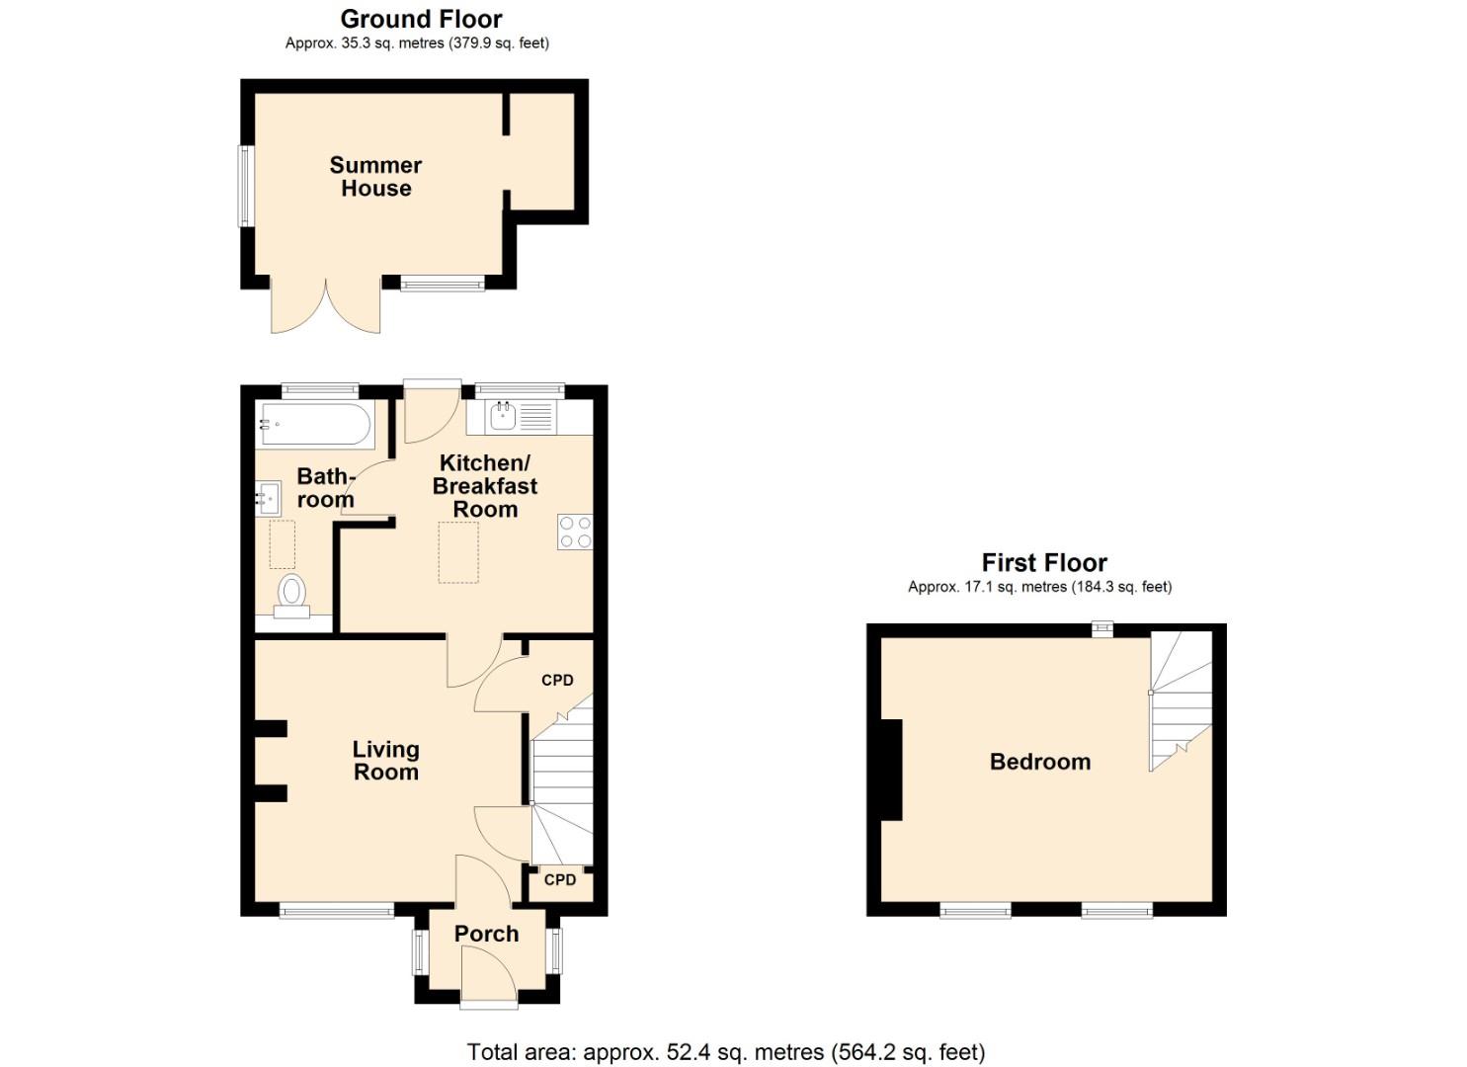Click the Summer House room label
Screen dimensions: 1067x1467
pos(375,177)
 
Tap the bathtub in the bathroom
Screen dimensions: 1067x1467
pos(315,426)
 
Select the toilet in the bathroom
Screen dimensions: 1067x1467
pos(291,596)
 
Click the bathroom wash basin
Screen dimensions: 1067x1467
pos(267,498)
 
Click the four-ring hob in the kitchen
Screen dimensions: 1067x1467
pos(575,533)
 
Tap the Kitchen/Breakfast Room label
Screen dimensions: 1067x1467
pos(485,486)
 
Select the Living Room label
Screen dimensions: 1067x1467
pos(385,761)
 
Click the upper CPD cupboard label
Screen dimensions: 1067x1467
pos(557,680)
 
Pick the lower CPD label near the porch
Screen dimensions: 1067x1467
pos(559,879)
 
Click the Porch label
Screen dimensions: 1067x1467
pos(486,934)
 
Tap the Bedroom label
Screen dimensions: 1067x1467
pos(1040,762)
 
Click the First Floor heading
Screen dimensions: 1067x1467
pos(1044,563)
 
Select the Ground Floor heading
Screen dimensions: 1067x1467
pos(421,19)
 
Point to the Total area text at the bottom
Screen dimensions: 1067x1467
pos(726,1052)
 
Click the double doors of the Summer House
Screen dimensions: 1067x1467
pos(326,308)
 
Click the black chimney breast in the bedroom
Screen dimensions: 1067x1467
pos(891,770)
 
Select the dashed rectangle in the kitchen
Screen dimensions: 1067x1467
pos(458,552)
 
